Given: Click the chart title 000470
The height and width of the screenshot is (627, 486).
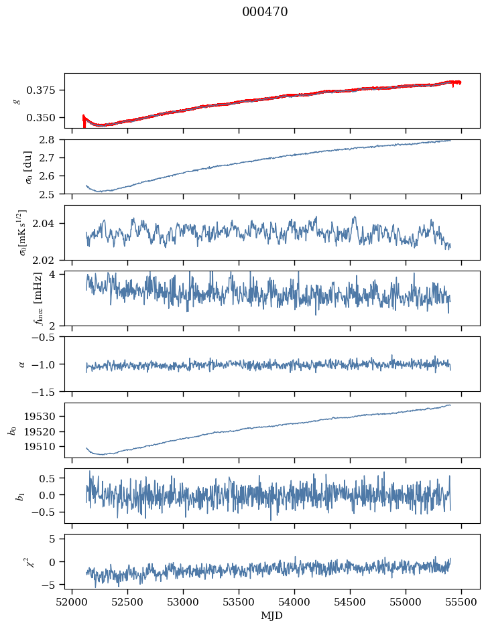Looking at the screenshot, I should tap(265, 12).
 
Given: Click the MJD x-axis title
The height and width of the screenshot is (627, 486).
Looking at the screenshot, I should tap(272, 616).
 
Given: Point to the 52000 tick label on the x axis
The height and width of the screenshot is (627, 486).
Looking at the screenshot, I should tap(72, 601).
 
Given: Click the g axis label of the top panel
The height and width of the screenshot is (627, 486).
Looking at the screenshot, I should tap(17, 100).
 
